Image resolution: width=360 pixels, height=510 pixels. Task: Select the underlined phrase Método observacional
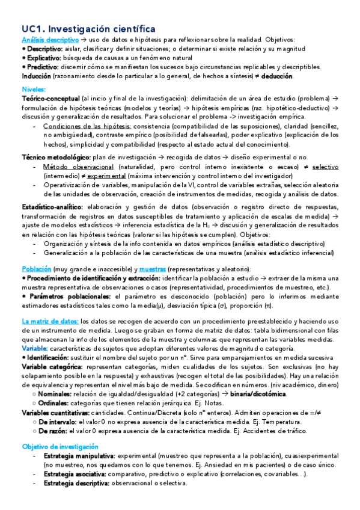tap(78, 167)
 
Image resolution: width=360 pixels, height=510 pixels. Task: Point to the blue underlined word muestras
tap(152, 269)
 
